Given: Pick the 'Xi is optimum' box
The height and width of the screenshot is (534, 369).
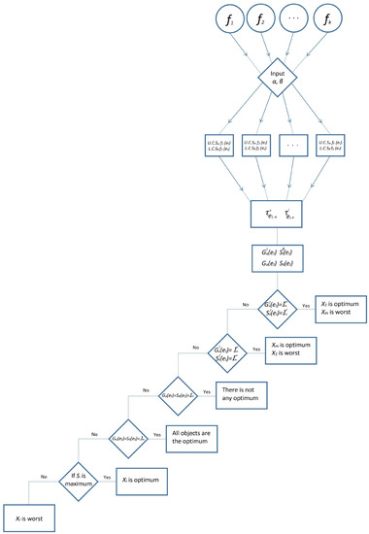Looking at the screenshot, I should pos(147,479).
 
